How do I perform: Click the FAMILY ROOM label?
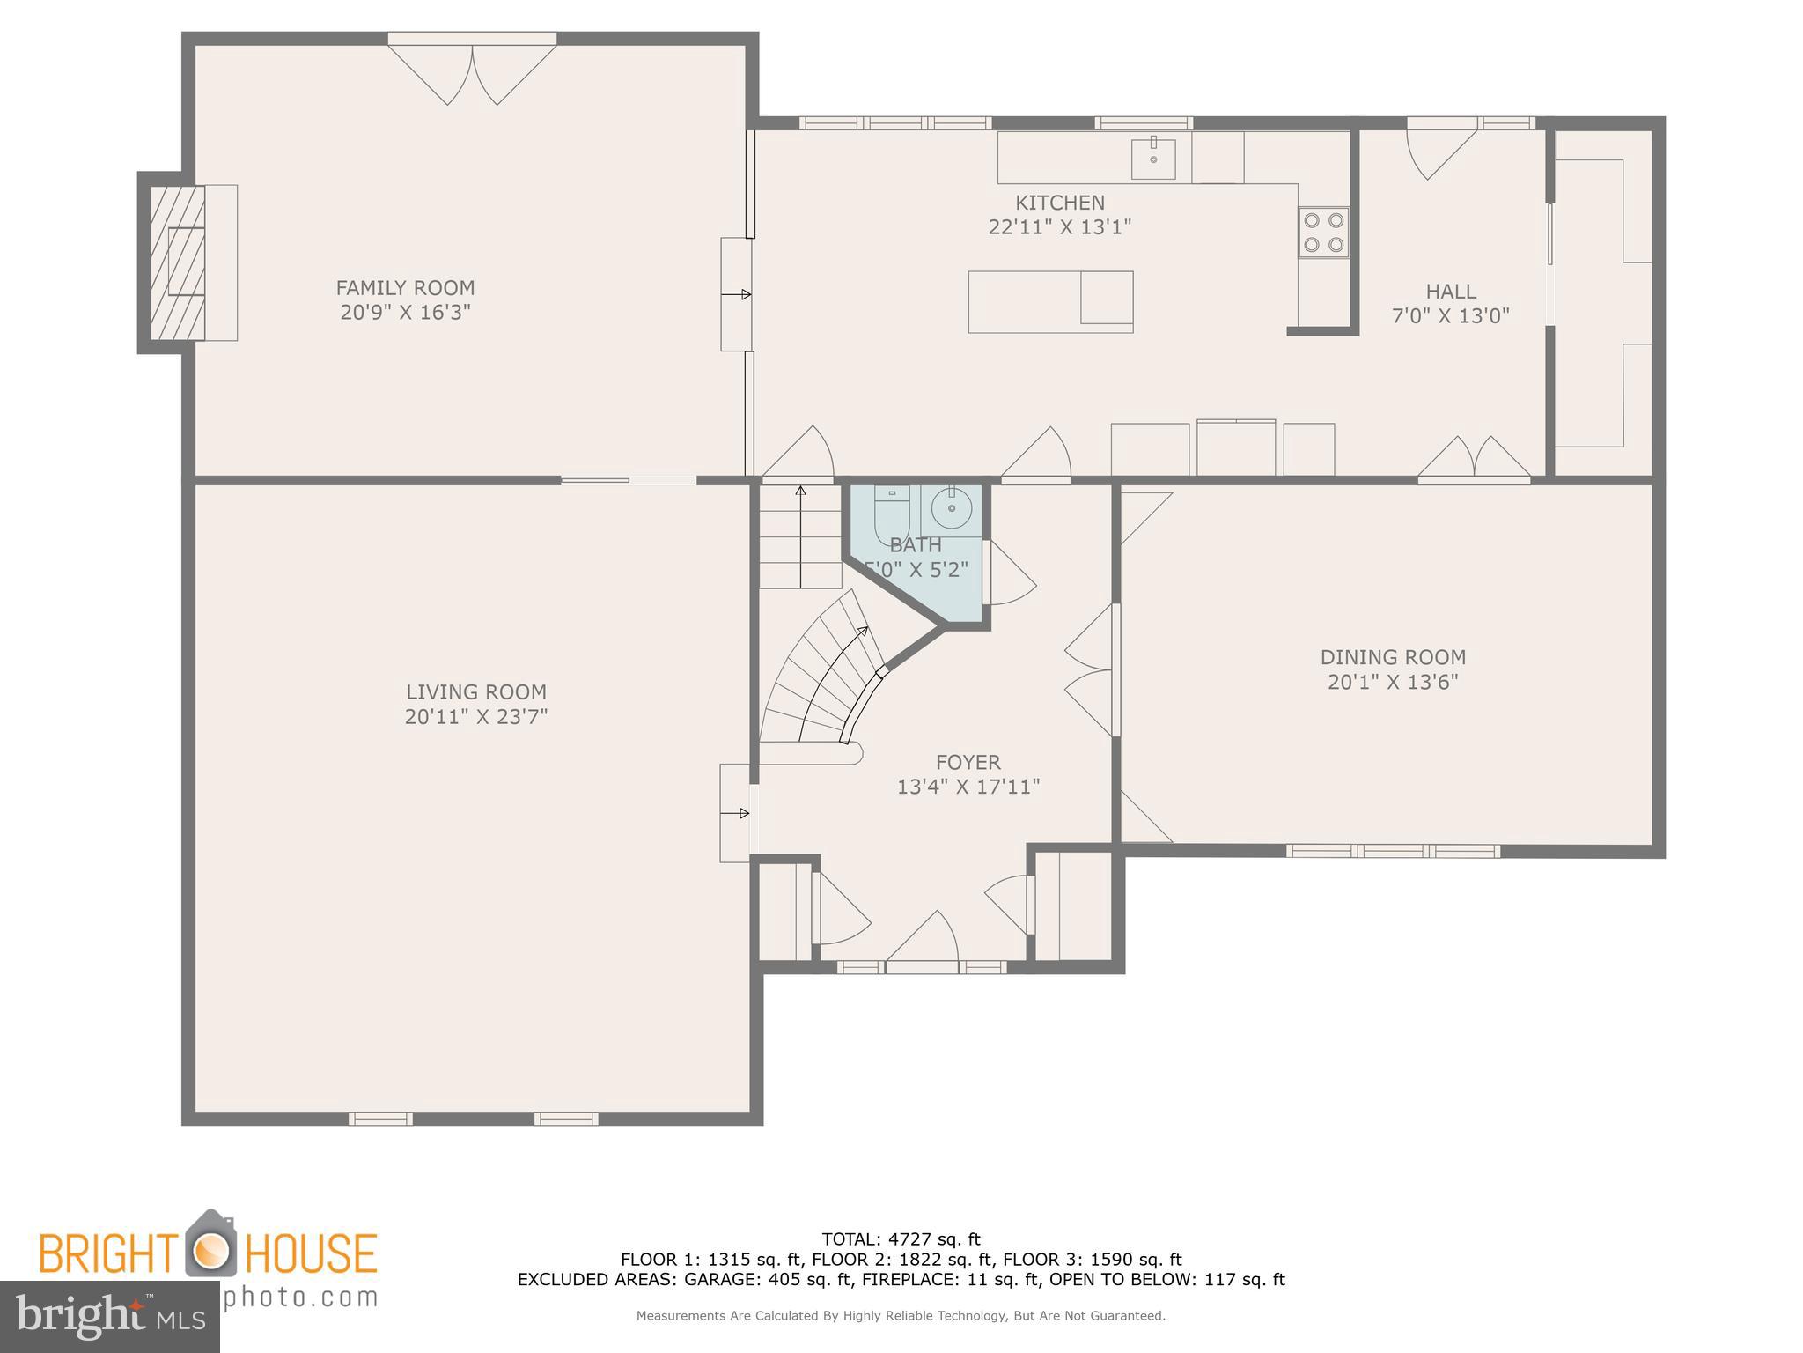(x=405, y=288)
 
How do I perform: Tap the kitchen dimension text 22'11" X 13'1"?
(x=1059, y=227)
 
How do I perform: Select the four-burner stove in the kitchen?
(x=1323, y=233)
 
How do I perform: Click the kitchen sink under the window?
(x=1152, y=159)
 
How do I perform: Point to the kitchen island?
(x=1049, y=302)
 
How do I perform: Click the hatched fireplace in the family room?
(x=178, y=262)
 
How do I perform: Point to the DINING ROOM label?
(x=1393, y=657)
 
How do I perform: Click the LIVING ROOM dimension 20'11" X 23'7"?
(x=475, y=717)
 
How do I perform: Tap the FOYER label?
(x=968, y=762)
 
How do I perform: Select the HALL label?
(x=1451, y=292)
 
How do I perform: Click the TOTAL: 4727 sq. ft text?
(x=901, y=1239)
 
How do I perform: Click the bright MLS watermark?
(x=109, y=1316)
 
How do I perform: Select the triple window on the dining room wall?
(x=1393, y=851)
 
